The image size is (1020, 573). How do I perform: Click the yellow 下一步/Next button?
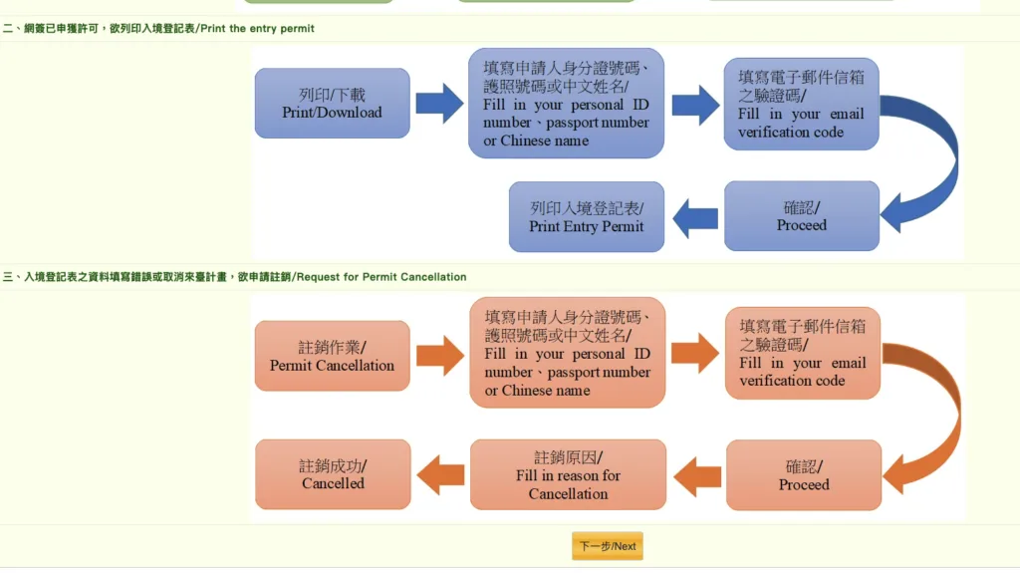pos(608,546)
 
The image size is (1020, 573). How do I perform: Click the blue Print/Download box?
pos(332,103)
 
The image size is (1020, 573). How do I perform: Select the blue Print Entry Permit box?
pos(586,216)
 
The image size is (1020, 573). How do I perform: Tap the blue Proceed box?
pos(802,215)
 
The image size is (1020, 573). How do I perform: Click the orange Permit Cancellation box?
pos(332,356)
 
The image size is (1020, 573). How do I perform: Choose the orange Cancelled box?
pos(333,474)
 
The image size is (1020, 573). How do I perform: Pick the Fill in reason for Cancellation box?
pos(568,474)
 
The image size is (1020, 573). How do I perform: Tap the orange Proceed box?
pos(804,475)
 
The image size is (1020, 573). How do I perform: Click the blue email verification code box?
pos(801,104)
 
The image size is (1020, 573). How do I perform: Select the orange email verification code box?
pos(802,353)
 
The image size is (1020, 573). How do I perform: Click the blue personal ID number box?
pos(566,103)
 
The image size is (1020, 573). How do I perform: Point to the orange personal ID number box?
pos(567,352)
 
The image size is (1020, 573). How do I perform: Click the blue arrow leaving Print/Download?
pos(439,103)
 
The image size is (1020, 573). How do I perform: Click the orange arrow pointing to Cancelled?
pos(440,474)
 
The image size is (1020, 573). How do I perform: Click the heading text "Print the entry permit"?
pos(257,28)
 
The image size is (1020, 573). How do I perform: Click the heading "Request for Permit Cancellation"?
pos(381,277)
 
